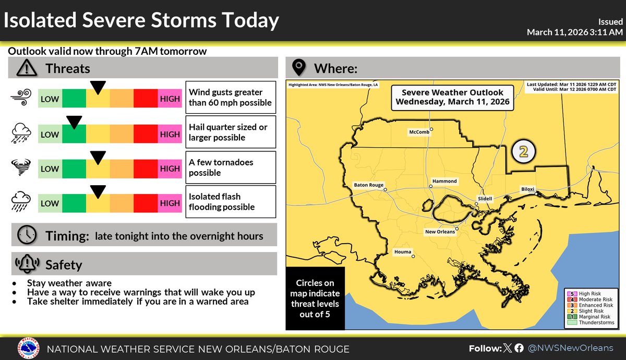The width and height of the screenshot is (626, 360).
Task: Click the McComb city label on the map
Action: (x=419, y=133)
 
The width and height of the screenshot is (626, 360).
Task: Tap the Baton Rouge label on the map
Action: (x=369, y=185)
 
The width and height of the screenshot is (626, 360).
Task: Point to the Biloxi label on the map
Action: (x=527, y=189)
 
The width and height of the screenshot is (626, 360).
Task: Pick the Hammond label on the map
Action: (x=444, y=181)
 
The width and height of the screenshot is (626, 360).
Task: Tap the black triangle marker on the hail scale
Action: (x=74, y=122)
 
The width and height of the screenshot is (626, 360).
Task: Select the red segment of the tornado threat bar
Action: (x=146, y=169)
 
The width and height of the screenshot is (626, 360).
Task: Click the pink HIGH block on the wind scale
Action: (x=170, y=99)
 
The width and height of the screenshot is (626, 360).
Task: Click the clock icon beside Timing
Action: (x=26, y=235)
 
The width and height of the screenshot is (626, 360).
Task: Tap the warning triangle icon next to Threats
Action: (x=26, y=68)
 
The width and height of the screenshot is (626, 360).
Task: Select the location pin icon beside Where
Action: (x=298, y=68)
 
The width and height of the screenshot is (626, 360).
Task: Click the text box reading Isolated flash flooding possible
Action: (x=231, y=202)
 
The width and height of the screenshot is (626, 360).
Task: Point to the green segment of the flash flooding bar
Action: (x=74, y=203)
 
